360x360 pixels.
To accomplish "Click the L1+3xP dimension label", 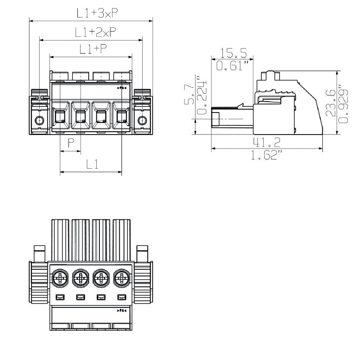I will (x=97, y=13).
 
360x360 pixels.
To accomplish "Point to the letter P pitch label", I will (x=71, y=144).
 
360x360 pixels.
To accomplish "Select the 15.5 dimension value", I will (x=234, y=54).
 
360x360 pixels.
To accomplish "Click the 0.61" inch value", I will (x=233, y=66).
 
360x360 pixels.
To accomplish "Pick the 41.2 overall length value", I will (x=266, y=143).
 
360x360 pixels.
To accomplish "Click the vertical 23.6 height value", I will (x=332, y=103).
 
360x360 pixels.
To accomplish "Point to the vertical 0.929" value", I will (x=344, y=103).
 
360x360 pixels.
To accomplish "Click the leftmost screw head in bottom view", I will (x=59, y=279).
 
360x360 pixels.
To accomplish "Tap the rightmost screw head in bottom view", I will (x=121, y=279).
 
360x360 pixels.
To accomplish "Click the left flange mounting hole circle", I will (x=40, y=120).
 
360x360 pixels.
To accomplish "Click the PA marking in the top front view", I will (x=122, y=88).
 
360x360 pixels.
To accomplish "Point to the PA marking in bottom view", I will (x=122, y=310).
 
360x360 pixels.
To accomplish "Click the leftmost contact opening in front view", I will (x=60, y=118).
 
